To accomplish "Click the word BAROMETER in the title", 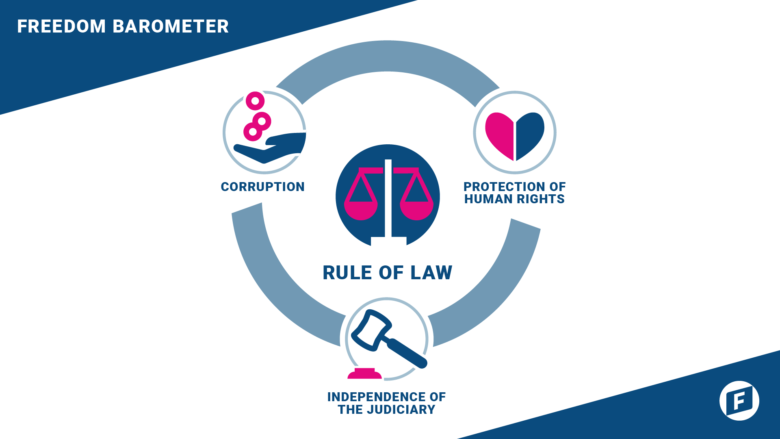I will point(170,26).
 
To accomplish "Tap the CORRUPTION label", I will point(262,187).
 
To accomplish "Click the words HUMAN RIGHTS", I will point(514,199).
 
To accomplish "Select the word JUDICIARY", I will point(401,409).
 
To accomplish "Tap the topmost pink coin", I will point(255,101).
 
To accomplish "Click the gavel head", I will point(370,330).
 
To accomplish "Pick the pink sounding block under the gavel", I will point(364,374).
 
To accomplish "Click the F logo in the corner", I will point(739,400).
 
